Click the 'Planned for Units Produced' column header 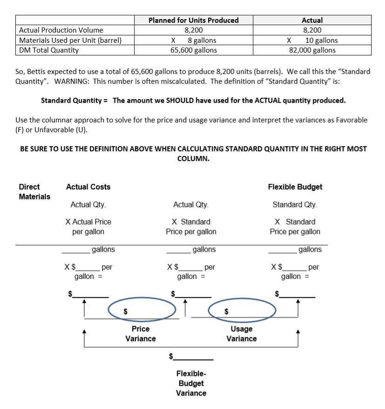click(x=193, y=20)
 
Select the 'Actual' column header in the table click(x=312, y=20)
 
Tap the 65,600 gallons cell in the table click(x=193, y=50)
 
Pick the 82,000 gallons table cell click(x=312, y=50)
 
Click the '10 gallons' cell click(x=321, y=40)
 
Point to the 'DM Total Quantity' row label click(x=49, y=50)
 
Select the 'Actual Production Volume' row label click(x=61, y=30)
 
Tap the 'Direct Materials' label click(x=34, y=191)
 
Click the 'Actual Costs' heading click(x=88, y=187)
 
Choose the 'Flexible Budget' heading click(x=295, y=187)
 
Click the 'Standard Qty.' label click(x=295, y=204)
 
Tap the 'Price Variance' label click(x=141, y=334)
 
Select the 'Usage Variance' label click(x=241, y=334)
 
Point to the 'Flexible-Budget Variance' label click(x=191, y=383)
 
